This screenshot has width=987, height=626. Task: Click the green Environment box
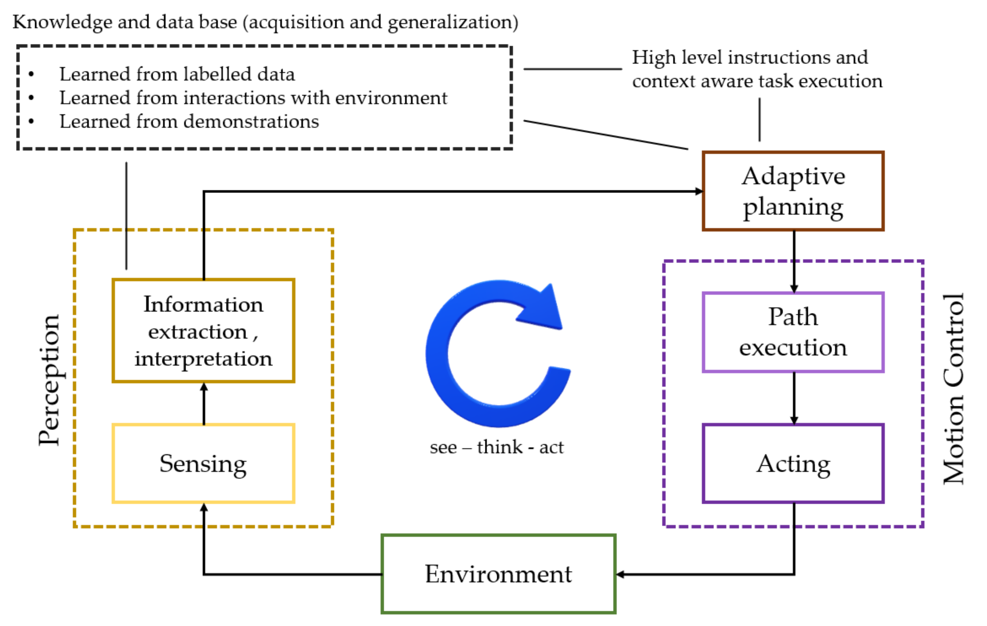click(x=498, y=574)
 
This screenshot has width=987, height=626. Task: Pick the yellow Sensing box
click(x=203, y=463)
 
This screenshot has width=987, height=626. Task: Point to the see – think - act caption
click(x=497, y=447)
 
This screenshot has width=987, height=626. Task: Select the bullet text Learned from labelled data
click(x=177, y=74)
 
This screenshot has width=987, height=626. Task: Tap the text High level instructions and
click(x=750, y=57)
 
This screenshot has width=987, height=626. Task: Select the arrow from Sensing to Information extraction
click(x=204, y=404)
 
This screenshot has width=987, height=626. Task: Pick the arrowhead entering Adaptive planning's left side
click(x=699, y=191)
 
